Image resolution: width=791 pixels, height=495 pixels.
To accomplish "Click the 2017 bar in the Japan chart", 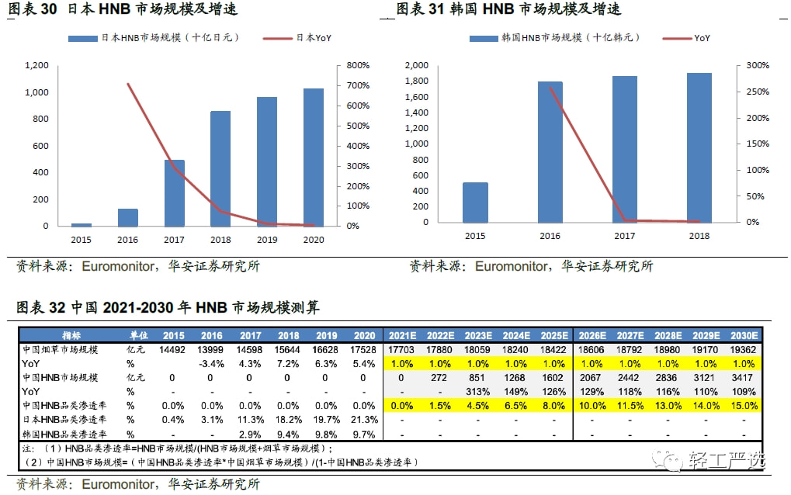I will tap(174, 193).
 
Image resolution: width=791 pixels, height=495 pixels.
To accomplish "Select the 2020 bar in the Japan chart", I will tap(314, 157).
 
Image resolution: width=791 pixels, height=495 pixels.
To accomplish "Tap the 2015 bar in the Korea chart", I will tap(475, 202).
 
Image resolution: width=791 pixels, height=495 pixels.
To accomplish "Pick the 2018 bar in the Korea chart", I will tap(699, 147).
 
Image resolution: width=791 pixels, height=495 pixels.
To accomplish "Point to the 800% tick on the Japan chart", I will tap(358, 65).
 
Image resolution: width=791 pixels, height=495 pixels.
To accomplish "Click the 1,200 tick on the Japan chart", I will tap(36, 65).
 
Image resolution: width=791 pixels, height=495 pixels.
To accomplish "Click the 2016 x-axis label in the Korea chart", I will tap(550, 236).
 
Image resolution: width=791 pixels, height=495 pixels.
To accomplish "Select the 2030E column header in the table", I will tap(743, 335).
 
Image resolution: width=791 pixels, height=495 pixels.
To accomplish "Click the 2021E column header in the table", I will tap(401, 335).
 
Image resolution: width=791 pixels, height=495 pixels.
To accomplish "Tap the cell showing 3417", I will tap(743, 377).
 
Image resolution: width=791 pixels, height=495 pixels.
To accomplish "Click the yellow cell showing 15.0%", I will tap(743, 405).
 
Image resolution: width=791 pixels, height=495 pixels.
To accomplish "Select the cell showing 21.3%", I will tap(363, 419).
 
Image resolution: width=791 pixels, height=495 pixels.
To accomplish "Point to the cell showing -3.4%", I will tap(211, 363).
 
